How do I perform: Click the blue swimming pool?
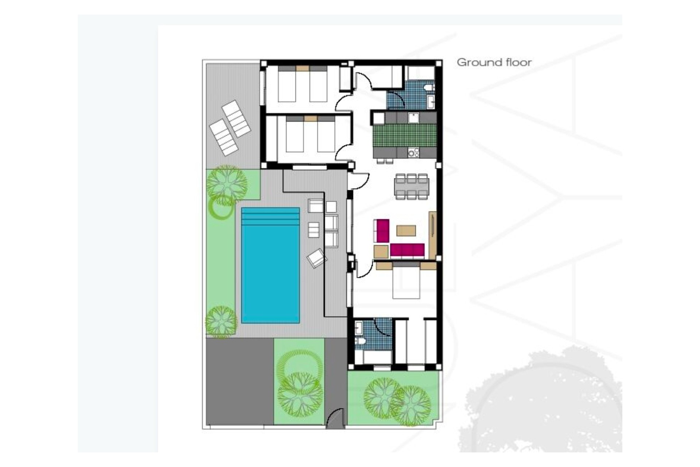click(271, 265)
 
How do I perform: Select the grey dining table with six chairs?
click(412, 187)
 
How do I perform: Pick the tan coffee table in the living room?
click(406, 231)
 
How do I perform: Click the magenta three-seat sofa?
click(407, 250)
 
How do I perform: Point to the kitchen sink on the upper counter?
click(413, 117)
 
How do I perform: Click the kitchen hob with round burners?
click(413, 153)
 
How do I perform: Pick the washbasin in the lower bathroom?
click(358, 328)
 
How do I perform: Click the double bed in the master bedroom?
click(406, 280)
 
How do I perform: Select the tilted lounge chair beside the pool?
click(316, 258)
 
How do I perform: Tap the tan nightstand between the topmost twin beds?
click(302, 68)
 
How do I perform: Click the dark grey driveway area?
click(240, 381)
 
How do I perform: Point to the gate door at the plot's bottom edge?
click(335, 418)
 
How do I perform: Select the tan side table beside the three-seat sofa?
click(381, 252)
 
